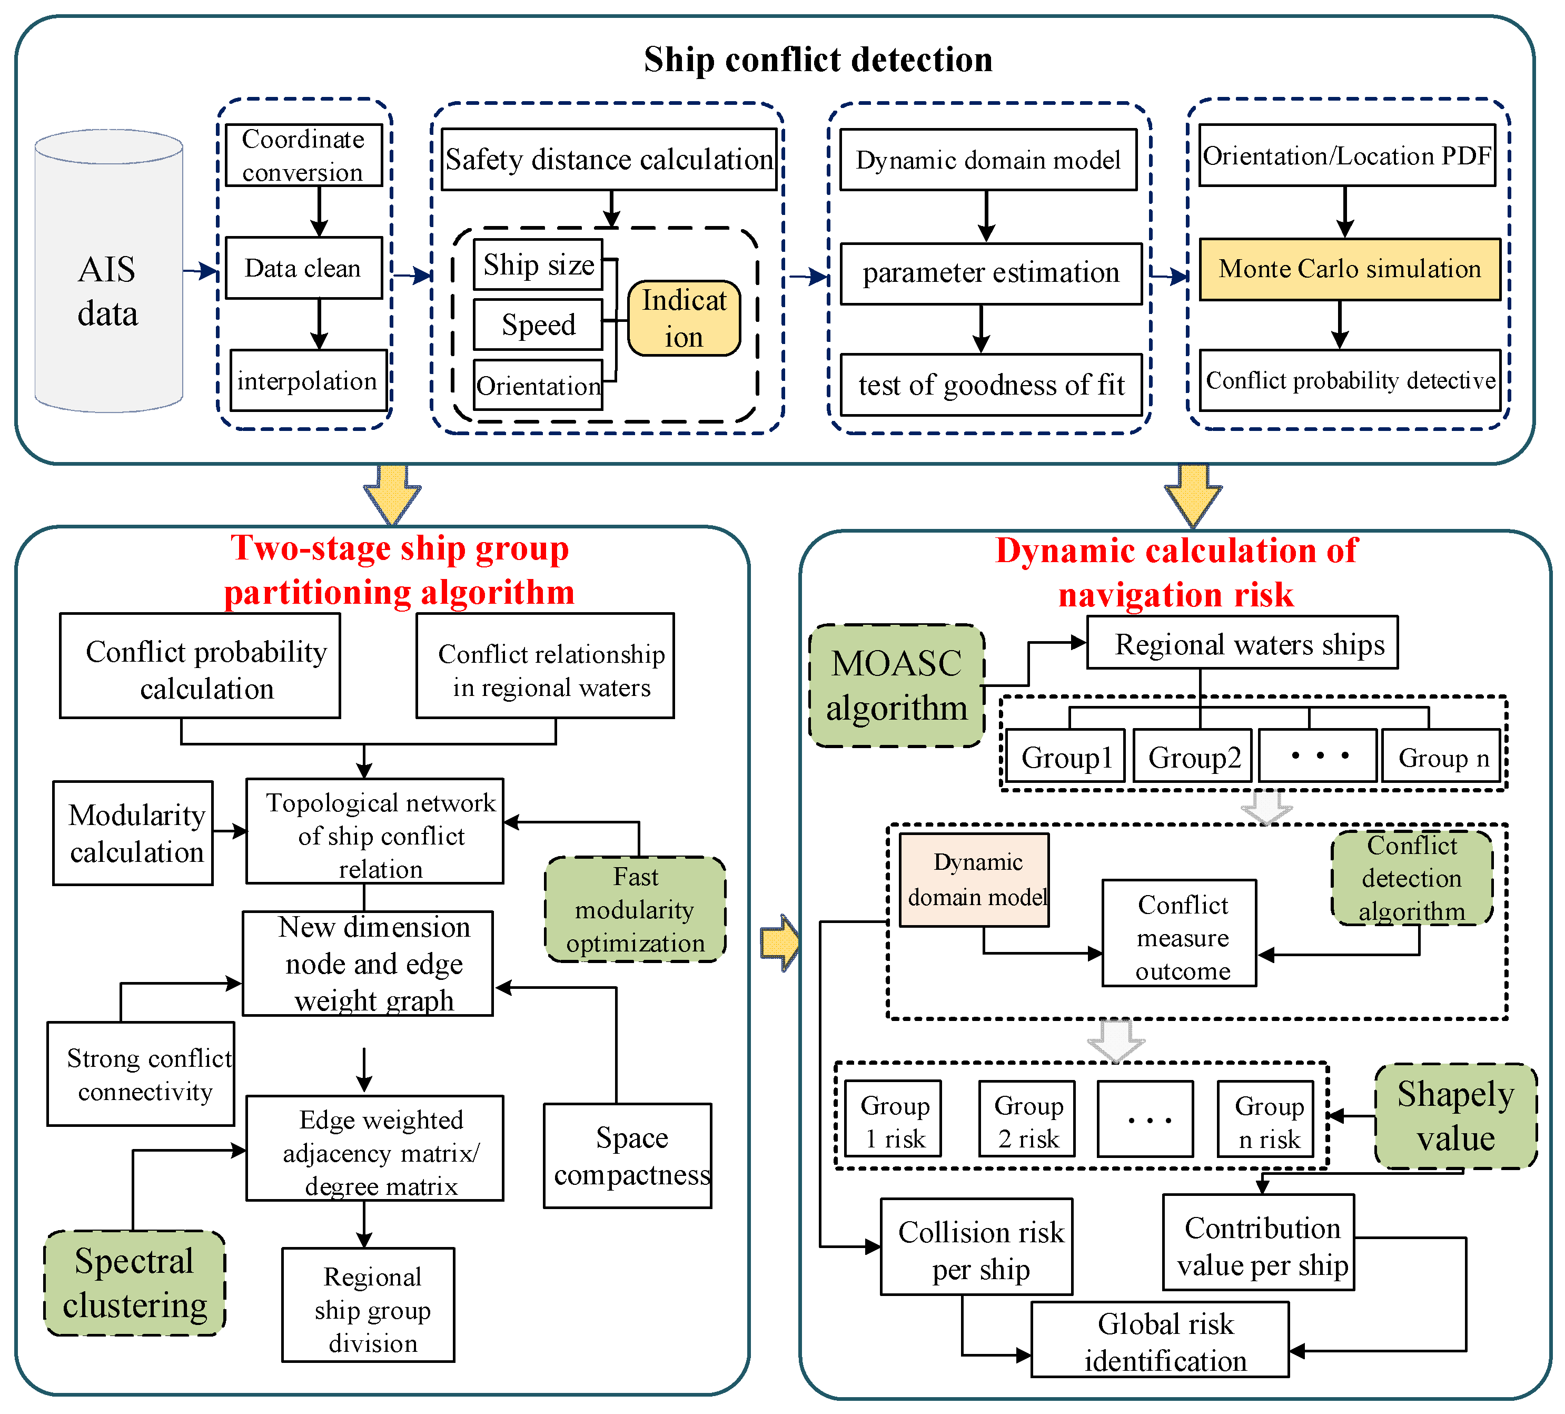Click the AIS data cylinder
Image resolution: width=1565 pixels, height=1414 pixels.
(108, 272)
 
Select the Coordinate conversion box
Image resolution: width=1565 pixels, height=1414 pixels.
(303, 155)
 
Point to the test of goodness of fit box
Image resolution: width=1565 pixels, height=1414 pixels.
(990, 385)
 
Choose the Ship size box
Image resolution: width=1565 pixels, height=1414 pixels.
(538, 265)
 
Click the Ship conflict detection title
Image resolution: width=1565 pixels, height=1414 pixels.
(817, 59)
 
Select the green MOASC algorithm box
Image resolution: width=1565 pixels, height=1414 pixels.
(897, 685)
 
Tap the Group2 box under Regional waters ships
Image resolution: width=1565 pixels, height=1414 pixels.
(1193, 757)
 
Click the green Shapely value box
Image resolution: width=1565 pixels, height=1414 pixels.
(1455, 1116)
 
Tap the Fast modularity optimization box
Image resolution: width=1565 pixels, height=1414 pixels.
(635, 909)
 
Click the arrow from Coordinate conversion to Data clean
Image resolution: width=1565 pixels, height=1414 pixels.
(319, 211)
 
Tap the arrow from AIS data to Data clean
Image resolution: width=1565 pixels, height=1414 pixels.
(201, 271)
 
